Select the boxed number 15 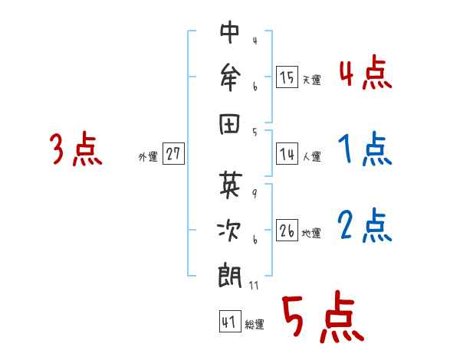(x=287, y=77)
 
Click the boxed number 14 (x=287, y=153)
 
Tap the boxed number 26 (x=287, y=230)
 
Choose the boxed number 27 (x=173, y=153)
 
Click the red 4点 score (x=364, y=76)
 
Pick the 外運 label (x=147, y=157)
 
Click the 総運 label (x=255, y=326)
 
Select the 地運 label (x=311, y=234)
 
